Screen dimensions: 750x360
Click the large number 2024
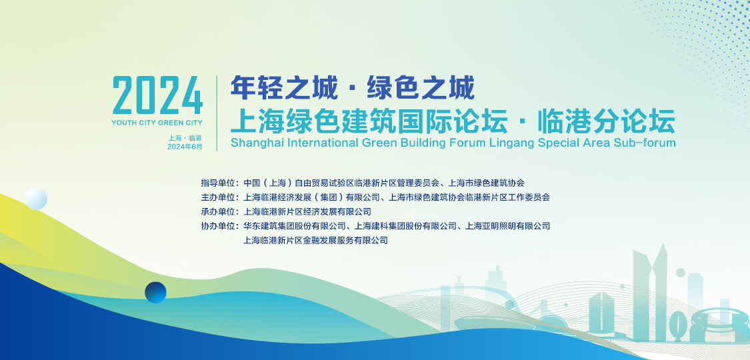coord(158,95)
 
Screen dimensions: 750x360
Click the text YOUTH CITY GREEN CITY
coord(157,123)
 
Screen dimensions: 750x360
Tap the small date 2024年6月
coord(185,147)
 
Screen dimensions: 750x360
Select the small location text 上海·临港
coord(185,138)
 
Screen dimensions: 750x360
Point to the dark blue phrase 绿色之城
coord(421,89)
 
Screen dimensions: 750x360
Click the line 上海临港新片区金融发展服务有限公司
coord(316,241)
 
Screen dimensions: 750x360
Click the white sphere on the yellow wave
coord(37,199)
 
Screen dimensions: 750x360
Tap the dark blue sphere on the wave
coord(155,292)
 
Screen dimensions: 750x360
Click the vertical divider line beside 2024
coord(217,113)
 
